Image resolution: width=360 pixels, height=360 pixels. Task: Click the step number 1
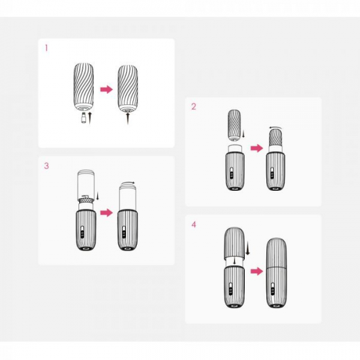click(x=46, y=48)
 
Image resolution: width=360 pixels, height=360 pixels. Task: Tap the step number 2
click(x=194, y=107)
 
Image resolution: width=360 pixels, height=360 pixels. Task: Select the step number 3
click(x=46, y=166)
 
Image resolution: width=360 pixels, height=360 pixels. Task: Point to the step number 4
click(x=194, y=224)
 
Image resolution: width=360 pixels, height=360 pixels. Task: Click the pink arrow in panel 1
click(x=107, y=89)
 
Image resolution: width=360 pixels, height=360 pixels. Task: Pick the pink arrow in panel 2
click(x=257, y=148)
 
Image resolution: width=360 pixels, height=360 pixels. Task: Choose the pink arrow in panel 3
click(x=107, y=212)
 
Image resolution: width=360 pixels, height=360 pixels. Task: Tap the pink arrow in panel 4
click(x=257, y=272)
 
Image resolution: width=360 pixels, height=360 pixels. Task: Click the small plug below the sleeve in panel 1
click(x=84, y=118)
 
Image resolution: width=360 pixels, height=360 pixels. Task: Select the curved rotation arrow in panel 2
click(x=275, y=127)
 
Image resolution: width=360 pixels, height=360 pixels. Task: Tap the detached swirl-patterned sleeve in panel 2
click(x=234, y=125)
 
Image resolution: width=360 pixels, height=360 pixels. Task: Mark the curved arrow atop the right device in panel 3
click(x=128, y=182)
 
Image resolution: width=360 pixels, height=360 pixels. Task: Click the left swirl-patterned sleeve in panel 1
click(x=84, y=88)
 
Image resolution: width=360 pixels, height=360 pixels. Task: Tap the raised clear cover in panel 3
click(x=86, y=184)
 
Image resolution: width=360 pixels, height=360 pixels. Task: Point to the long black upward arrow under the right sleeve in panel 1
click(x=128, y=118)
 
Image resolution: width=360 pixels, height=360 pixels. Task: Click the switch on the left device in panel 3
click(x=82, y=232)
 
